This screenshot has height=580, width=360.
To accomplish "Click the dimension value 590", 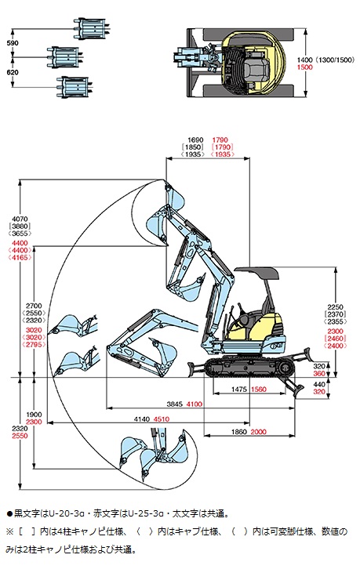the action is point(13,43).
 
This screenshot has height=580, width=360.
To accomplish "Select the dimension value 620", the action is point(13,72).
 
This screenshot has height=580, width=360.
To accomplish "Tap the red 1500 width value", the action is point(304,67).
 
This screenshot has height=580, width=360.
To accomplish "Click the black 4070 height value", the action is point(20,219).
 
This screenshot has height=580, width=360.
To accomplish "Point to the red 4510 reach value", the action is point(162,419).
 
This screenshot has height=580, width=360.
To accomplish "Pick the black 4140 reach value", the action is point(142,419).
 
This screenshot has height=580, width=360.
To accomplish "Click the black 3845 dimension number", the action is point(175,404).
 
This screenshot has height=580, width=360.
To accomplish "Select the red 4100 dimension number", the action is point(195,404).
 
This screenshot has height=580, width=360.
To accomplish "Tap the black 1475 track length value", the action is point(239,389).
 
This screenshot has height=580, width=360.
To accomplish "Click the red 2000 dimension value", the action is point(258,432).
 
